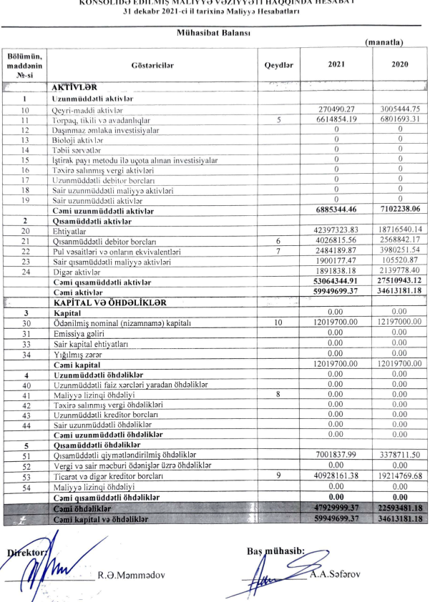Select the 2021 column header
click(336, 64)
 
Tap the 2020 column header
click(400, 64)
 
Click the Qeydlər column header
click(279, 64)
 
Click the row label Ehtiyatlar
click(68, 231)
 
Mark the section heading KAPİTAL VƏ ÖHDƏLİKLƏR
click(107, 302)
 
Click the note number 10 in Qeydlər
click(279, 323)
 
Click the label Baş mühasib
click(275, 550)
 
